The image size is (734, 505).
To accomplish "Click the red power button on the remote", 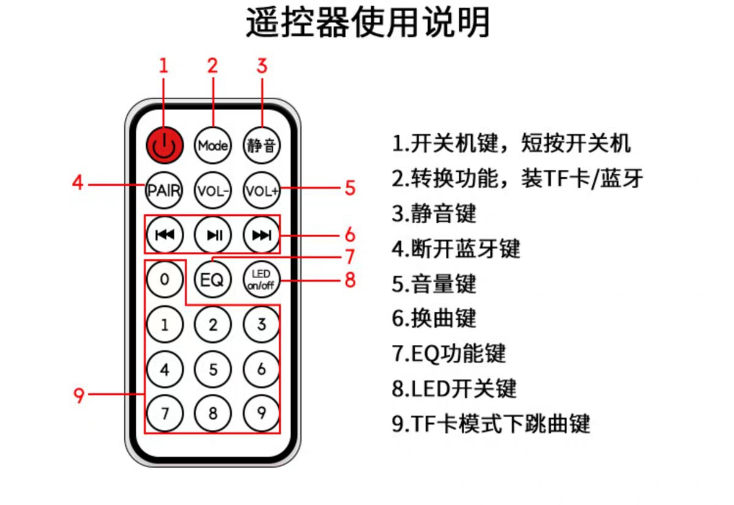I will point(164,145).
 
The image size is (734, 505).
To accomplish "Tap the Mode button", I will point(213,146).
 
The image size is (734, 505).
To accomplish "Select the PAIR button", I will point(164,190).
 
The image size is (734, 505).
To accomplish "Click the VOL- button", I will point(213,191).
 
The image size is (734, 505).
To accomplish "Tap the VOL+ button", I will point(261,191).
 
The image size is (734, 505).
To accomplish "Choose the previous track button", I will point(164,234).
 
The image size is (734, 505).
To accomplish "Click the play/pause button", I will point(213,234).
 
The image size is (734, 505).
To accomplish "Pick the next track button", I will point(261,234).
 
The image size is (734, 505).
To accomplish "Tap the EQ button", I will point(213,280).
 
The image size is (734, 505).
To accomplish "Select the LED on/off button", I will point(261,280).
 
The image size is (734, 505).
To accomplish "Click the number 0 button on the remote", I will point(164,279).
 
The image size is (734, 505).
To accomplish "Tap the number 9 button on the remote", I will point(261,413).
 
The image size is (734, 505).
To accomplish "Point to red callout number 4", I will point(77,183).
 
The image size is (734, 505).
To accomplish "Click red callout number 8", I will point(350,280).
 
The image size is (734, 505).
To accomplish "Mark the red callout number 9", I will point(79,395).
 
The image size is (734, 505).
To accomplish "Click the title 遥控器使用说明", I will point(368,23).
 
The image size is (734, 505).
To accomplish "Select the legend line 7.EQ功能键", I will point(449,353).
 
